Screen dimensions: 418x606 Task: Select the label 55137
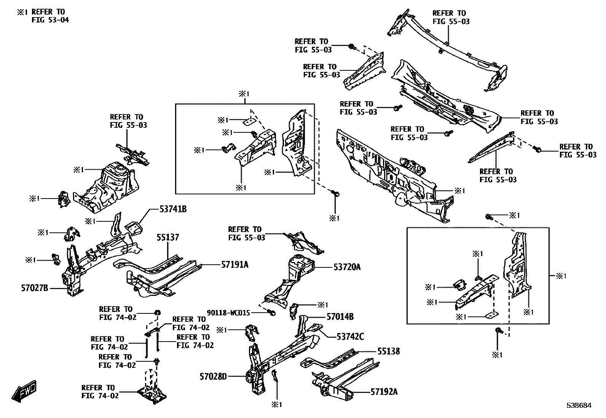point(168,238)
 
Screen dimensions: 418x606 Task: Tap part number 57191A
point(235,264)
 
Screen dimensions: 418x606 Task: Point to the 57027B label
point(35,288)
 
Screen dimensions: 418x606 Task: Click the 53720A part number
point(347,267)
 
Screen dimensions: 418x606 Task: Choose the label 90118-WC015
point(228,313)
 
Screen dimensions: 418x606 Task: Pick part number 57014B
point(340,316)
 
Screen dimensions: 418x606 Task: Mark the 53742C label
point(350,336)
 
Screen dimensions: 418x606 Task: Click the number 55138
point(389,351)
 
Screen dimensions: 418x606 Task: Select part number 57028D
point(213,377)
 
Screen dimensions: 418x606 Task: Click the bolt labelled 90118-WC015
point(272,313)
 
